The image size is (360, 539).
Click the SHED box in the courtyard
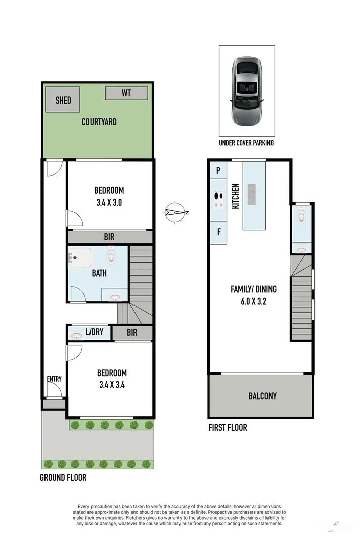point(63,100)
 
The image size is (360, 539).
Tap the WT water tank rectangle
point(126,93)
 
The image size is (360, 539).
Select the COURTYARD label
point(99,122)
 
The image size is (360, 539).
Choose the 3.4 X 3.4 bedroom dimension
point(112,384)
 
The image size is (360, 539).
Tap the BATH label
point(99,273)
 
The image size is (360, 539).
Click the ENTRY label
point(54,379)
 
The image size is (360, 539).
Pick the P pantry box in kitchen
point(218,171)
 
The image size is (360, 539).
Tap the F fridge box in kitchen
point(218,233)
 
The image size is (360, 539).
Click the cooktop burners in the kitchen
point(218,201)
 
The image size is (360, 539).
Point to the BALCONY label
point(262,396)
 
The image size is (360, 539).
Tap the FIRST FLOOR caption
point(228,428)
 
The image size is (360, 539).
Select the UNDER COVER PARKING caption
point(246,143)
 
